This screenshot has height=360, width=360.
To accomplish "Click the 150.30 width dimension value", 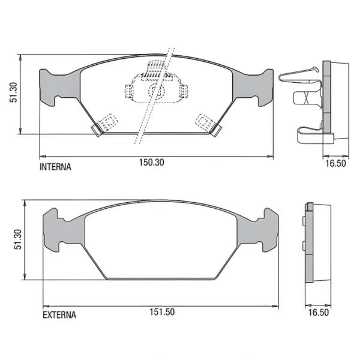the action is click(x=152, y=163).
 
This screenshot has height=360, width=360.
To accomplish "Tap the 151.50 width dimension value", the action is click(x=162, y=312).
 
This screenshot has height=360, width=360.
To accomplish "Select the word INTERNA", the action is click(x=55, y=167).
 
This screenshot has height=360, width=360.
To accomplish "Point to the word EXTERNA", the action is click(x=59, y=315).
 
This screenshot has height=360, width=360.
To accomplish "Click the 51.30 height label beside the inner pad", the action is click(x=13, y=92).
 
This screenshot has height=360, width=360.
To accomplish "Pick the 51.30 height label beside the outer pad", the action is click(x=17, y=239).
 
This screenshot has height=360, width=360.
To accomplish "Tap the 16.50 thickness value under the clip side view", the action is click(x=335, y=163).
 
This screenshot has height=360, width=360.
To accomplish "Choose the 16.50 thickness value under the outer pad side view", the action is click(x=318, y=312).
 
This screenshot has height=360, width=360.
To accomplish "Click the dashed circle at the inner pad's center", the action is click(x=157, y=91).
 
